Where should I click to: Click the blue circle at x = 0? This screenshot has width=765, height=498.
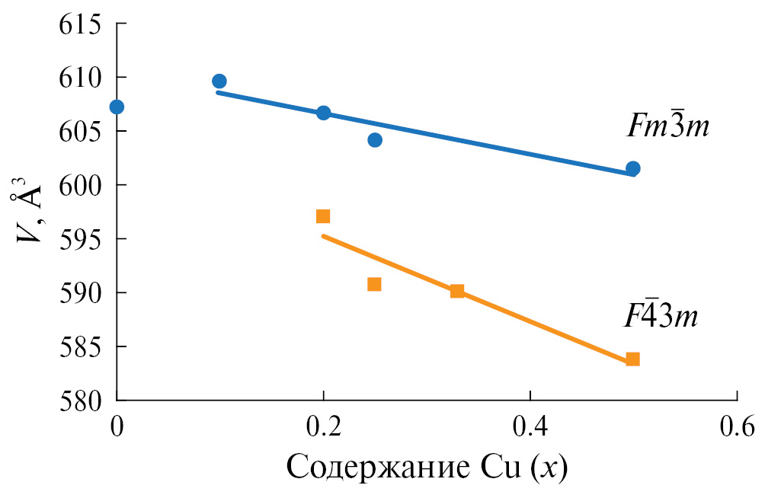point(117,107)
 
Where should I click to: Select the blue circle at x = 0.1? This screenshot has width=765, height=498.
point(219,81)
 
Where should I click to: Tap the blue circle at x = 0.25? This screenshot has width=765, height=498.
point(374,140)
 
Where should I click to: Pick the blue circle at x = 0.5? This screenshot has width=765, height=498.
point(632,168)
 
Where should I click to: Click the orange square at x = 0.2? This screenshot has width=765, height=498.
point(323,216)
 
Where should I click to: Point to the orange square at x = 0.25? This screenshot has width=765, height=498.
point(374,284)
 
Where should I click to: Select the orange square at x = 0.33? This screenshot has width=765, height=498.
point(457,291)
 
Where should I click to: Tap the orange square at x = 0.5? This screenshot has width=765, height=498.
point(632,359)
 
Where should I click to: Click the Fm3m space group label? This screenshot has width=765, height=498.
point(667,126)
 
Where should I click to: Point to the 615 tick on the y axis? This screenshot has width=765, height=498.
point(82,24)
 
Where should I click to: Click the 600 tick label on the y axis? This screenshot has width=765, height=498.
point(82,185)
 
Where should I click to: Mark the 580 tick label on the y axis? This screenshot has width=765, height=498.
point(82,400)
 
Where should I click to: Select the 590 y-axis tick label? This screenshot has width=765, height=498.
point(82,292)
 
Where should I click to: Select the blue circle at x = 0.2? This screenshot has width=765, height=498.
point(323,113)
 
